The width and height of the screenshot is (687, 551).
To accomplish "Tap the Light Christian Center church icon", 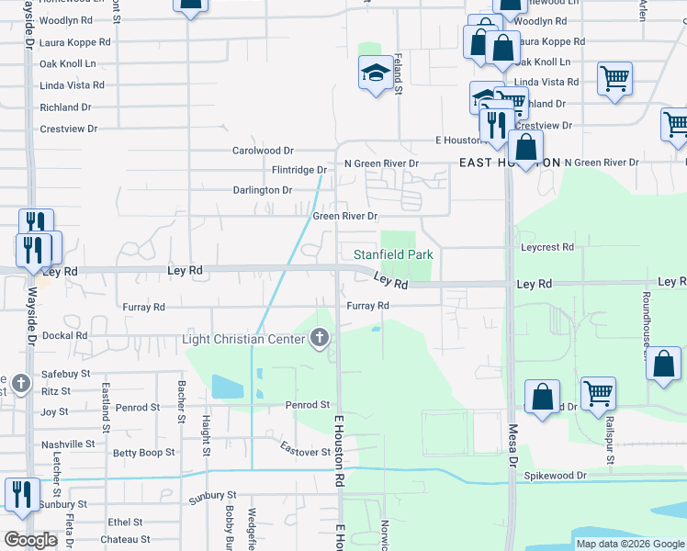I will point(320,339).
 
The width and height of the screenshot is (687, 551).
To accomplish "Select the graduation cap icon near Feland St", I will point(374,73).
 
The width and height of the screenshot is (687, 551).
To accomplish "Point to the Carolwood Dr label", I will point(263,151).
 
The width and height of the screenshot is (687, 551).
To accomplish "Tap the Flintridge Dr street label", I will point(299,170).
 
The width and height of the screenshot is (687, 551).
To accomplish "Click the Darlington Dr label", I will point(262,190).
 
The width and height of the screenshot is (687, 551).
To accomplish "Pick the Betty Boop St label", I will point(143,453).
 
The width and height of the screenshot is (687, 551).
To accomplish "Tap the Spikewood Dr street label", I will point(555,476).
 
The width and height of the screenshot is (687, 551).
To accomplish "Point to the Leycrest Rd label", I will point(546,248).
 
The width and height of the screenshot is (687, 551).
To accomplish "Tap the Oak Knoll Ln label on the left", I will point(67,64).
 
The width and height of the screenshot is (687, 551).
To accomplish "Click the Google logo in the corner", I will point(30,540).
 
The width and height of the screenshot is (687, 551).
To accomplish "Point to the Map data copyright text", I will point(629,544).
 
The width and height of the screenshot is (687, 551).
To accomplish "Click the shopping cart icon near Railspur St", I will point(599,392).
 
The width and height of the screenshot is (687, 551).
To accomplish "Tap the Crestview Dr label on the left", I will point(68,129).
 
